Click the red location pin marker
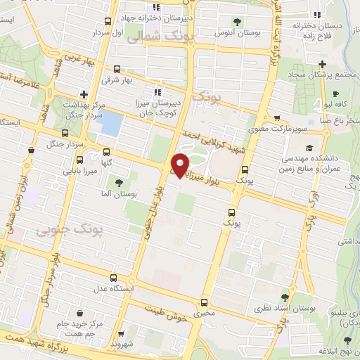click(180, 164)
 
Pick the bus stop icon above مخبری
click(204, 300)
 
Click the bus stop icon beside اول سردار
click(108, 22)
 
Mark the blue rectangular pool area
click(109, 124)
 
